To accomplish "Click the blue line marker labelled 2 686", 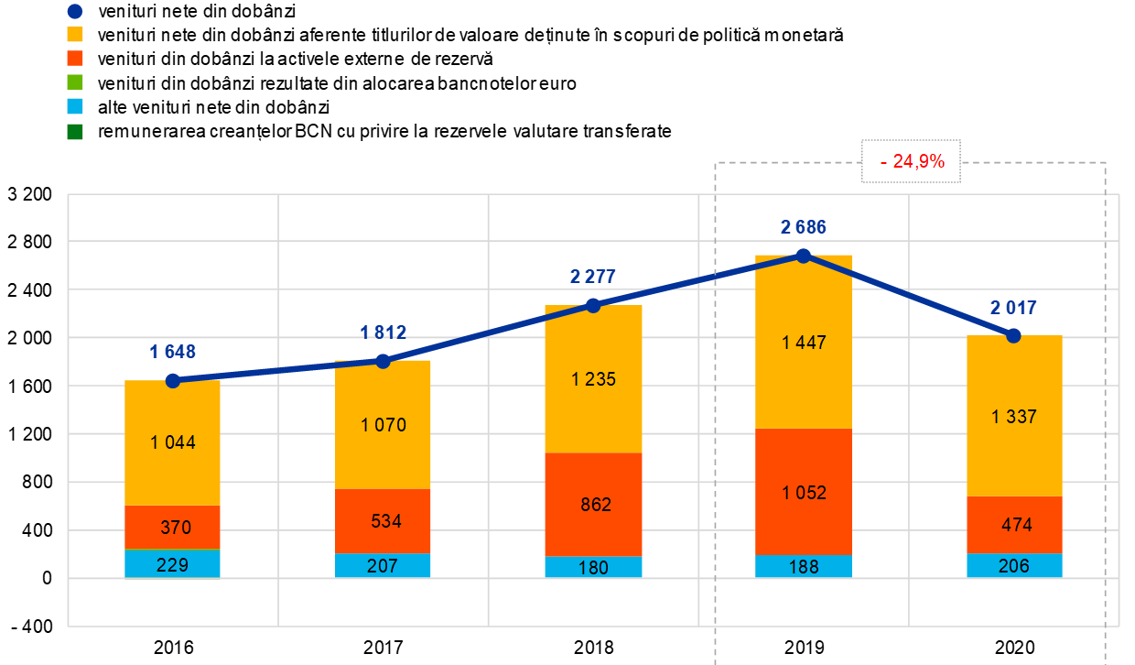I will (x=804, y=256).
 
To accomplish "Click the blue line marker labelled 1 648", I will (x=173, y=380).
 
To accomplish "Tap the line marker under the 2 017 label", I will (x=1013, y=336).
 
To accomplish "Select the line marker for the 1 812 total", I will (x=384, y=361).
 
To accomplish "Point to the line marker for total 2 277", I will (x=593, y=305).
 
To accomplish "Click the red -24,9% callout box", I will (x=911, y=161).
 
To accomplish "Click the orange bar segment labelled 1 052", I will (x=804, y=492).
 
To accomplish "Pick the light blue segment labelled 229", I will (x=173, y=563).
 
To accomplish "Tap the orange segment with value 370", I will (x=173, y=527).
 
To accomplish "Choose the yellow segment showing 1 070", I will (x=384, y=424).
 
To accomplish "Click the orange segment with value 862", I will (x=593, y=505).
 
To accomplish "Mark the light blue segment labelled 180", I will (x=593, y=567).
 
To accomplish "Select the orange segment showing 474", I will (x=1014, y=525).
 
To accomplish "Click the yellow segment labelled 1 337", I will (x=1014, y=417).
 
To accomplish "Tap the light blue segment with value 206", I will (x=1014, y=565).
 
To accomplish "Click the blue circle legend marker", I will (x=75, y=11).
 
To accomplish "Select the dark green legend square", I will (x=75, y=132).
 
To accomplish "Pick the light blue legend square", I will (x=75, y=106).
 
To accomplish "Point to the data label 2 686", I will (x=804, y=227).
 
